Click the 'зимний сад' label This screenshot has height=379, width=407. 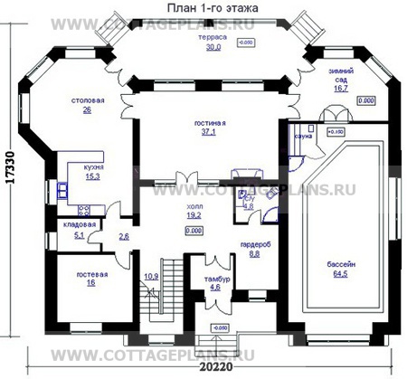pos(341,74)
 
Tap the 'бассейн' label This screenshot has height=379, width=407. pos(340,265)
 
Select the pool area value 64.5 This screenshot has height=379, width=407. pos(340,274)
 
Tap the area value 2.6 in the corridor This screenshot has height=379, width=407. pos(124,236)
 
